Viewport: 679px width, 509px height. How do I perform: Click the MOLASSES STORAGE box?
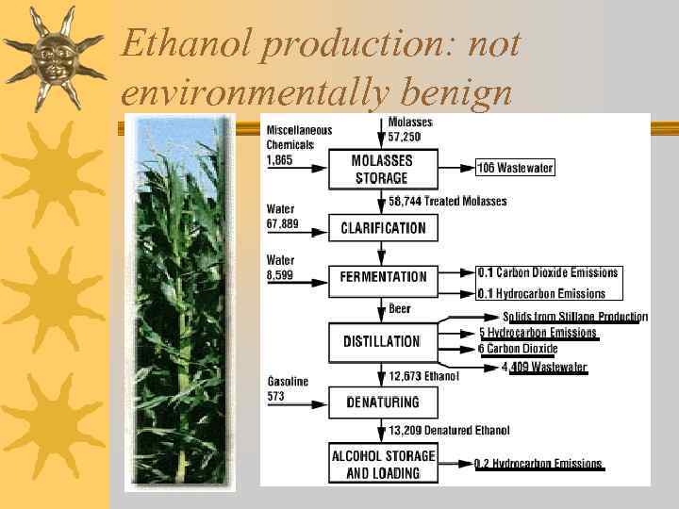tap(382, 169)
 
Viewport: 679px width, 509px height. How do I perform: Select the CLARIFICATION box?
tap(383, 227)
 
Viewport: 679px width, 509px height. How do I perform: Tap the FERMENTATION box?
tap(383, 277)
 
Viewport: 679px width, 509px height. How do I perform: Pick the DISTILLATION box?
tap(382, 341)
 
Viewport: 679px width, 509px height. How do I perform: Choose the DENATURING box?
tap(382, 402)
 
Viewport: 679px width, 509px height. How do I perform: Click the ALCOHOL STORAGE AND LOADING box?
tap(383, 464)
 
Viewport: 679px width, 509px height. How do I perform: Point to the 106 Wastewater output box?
tap(515, 169)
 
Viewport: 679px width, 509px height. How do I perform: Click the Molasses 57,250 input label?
tap(410, 130)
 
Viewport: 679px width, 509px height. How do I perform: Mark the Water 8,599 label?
tap(282, 267)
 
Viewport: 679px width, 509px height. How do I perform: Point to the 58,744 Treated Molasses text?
tap(448, 201)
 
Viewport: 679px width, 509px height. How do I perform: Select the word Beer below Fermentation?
tap(400, 308)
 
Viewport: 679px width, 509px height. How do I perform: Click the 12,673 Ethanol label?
tap(424, 376)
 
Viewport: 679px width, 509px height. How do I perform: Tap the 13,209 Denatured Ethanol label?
tap(450, 431)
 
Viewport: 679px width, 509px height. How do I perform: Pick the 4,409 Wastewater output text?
tap(545, 368)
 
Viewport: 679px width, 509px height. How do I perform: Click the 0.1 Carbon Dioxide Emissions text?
tap(548, 272)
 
